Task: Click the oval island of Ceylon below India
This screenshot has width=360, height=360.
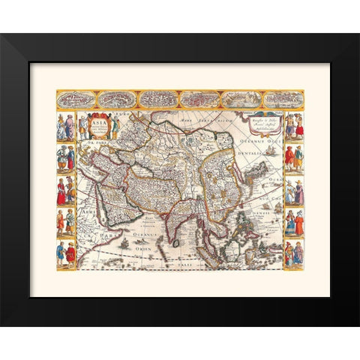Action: coord(177,242)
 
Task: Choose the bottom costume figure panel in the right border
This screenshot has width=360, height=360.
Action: coord(293,254)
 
